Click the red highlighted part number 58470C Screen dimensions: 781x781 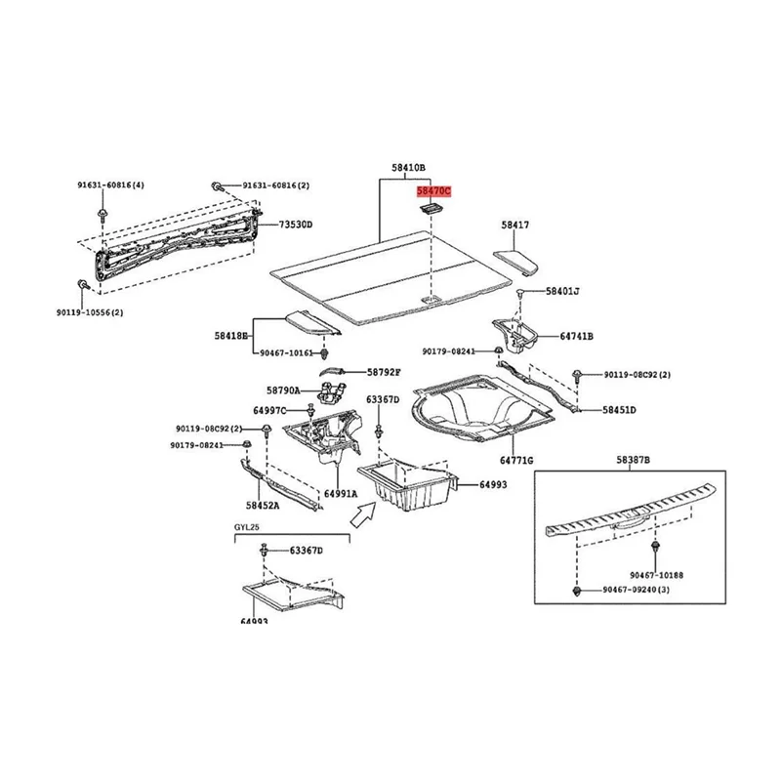pos(435,193)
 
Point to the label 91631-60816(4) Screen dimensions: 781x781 pos(111,185)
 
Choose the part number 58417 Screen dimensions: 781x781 pos(515,226)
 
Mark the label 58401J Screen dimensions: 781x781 pos(562,291)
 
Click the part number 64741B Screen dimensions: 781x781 pos(576,336)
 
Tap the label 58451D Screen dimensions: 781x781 pos(619,411)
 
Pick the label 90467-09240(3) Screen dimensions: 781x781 pos(641,591)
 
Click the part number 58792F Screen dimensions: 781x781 pos(384,372)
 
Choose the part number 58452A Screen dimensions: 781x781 pos(263,506)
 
